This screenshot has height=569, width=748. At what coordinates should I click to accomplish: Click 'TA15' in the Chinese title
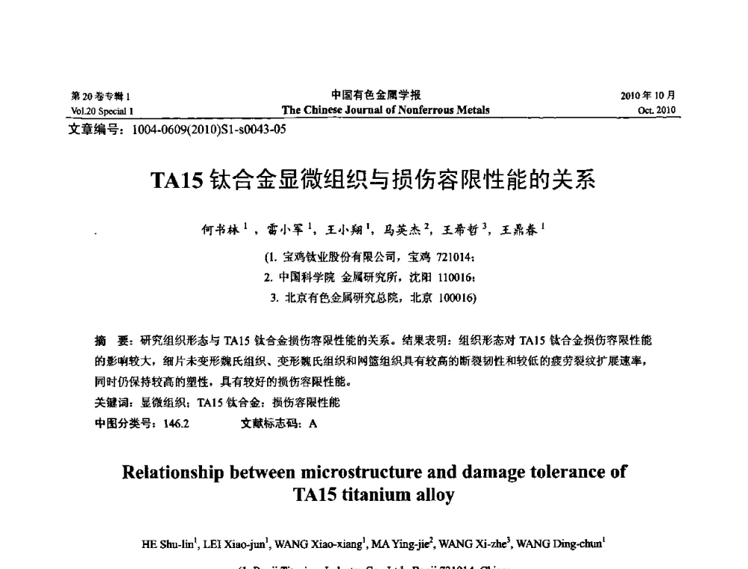pos(177,181)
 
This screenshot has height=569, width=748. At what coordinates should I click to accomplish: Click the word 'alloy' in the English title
pos(437,494)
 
